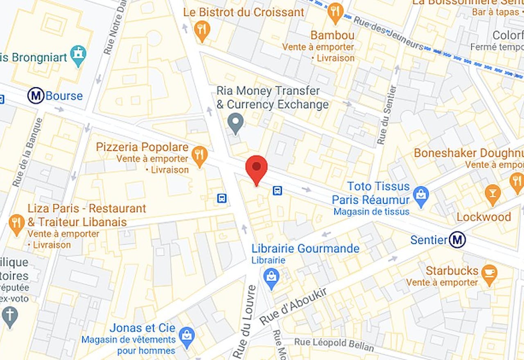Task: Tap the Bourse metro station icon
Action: [36, 96]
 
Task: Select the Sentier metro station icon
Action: [457, 240]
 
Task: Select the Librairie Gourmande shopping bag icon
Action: [271, 277]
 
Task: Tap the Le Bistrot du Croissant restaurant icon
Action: [202, 29]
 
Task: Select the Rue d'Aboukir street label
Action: [293, 306]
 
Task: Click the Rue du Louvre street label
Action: [244, 322]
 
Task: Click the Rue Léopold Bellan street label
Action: [334, 345]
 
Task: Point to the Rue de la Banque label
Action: [27, 152]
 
